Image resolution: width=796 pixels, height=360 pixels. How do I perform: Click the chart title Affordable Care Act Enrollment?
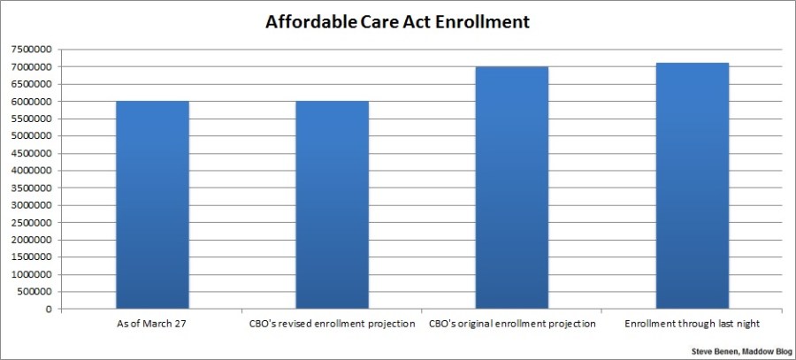tap(398, 21)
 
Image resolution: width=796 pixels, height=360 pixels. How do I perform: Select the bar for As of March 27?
tap(152, 205)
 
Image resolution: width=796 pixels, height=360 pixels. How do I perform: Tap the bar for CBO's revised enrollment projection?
tap(332, 205)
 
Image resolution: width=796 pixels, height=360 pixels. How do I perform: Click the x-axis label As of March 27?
tap(152, 324)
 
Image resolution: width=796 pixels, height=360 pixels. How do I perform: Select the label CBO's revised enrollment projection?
tap(332, 324)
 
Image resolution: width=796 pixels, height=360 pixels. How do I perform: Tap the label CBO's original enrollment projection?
tap(511, 324)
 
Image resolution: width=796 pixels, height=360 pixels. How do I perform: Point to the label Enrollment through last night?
tap(692, 324)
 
